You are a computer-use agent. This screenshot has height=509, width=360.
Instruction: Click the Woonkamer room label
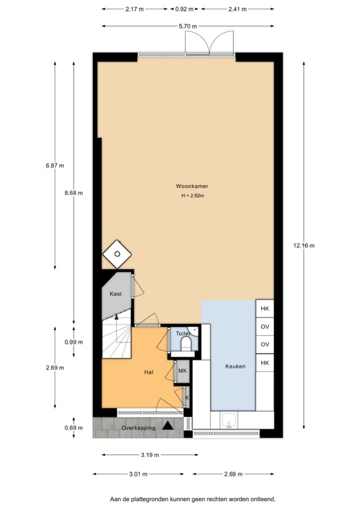[192, 186]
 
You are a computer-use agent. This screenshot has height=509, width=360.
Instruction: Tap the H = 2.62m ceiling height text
[192, 196]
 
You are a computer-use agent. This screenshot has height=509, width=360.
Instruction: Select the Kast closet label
[115, 294]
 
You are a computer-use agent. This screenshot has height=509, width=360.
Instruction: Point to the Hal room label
[149, 372]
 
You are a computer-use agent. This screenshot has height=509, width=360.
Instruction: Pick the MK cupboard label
[182, 370]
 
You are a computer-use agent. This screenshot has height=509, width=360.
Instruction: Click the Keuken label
[235, 366]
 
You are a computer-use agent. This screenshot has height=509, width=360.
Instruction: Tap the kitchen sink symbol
[230, 420]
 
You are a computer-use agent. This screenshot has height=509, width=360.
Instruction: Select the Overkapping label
[138, 428]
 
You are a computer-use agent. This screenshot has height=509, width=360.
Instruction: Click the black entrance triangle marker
[168, 425]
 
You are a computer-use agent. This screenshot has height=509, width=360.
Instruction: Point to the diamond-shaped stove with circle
[117, 254]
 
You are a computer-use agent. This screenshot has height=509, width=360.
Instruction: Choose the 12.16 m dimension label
[304, 246]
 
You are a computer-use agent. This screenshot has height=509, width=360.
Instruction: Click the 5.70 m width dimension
[187, 26]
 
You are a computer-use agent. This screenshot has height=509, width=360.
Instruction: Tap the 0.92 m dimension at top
[184, 9]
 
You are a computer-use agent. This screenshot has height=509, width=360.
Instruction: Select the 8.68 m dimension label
[74, 193]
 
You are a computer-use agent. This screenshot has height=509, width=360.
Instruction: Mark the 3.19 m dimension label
[150, 455]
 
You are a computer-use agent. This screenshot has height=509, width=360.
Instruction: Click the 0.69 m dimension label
[74, 427]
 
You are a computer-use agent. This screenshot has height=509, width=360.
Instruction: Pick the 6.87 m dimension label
[55, 166]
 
